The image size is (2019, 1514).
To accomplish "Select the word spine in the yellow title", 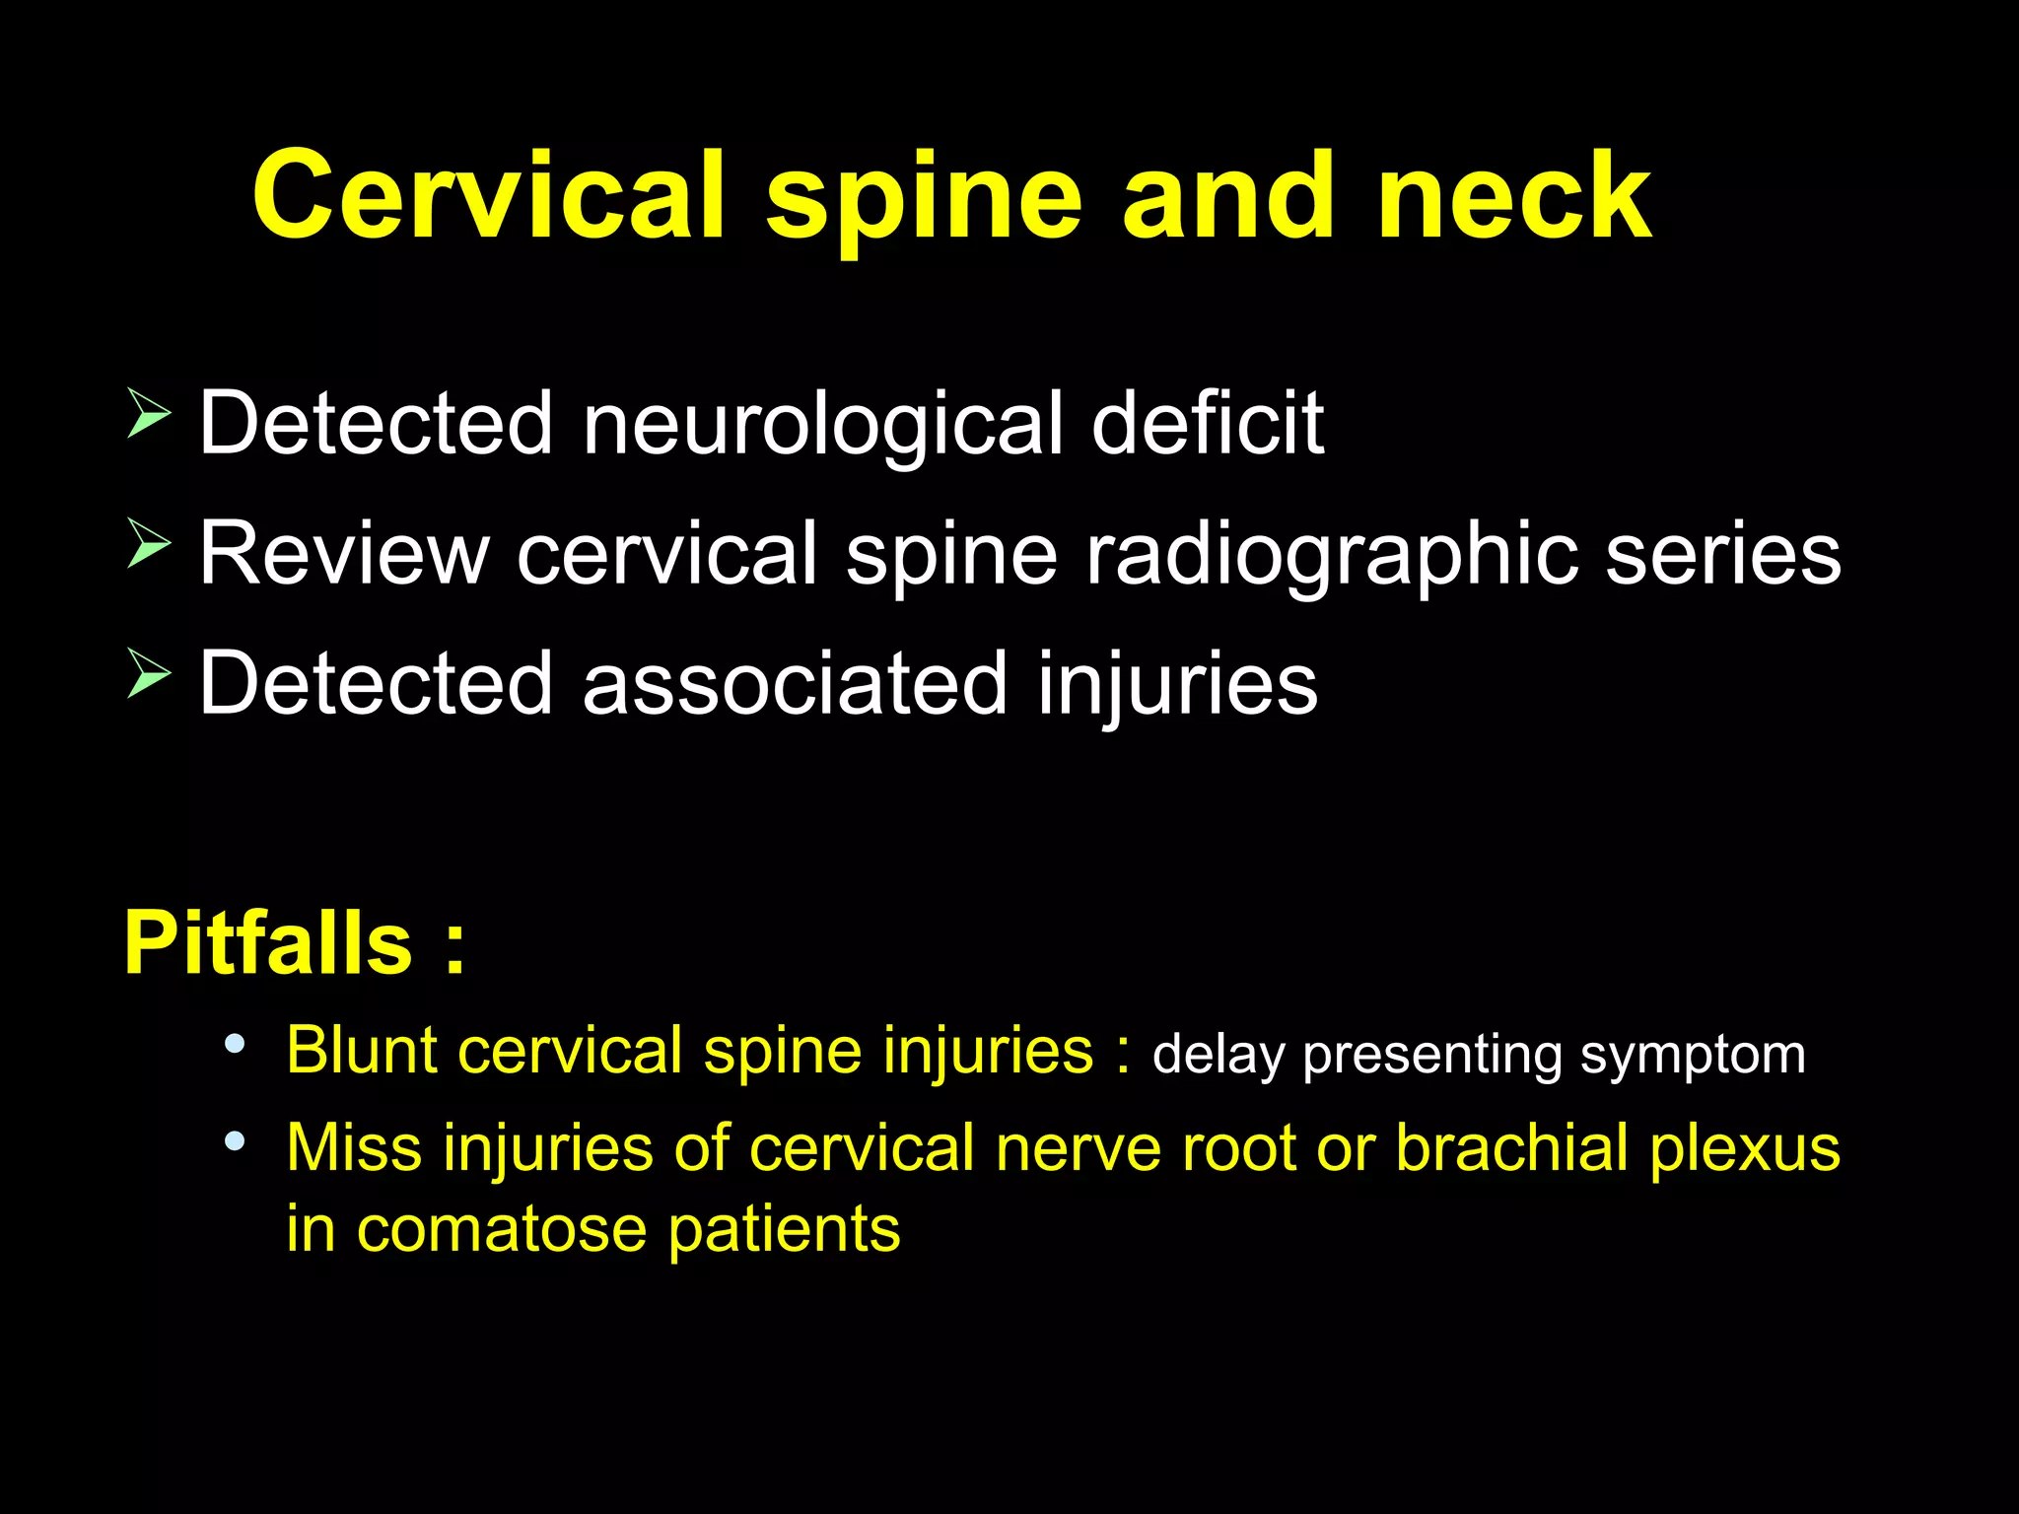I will click(x=925, y=202).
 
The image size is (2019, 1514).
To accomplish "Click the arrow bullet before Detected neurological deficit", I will click(x=149, y=413).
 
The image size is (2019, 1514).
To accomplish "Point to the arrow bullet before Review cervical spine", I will click(x=149, y=543).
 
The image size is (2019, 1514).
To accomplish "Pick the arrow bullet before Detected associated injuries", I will click(x=149, y=674).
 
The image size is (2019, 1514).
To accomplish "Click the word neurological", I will click(x=822, y=426).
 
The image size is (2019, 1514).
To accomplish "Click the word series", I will click(x=1722, y=554).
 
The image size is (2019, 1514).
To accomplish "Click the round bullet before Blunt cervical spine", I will click(x=235, y=1044).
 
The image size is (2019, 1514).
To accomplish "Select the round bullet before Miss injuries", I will click(x=235, y=1141).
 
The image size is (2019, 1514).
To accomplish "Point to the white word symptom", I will click(x=1693, y=1056).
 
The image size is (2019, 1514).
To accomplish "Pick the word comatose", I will click(x=501, y=1230).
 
